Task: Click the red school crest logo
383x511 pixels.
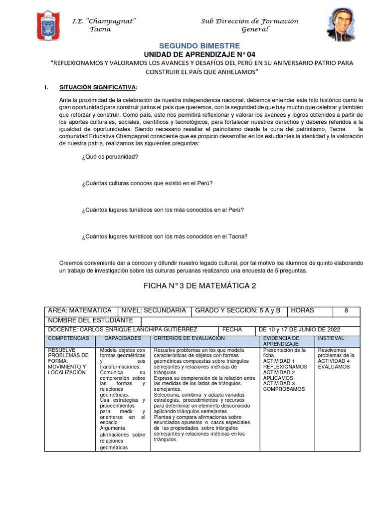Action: [x=48, y=25]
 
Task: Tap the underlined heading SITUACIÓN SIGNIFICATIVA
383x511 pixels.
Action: [x=98, y=88]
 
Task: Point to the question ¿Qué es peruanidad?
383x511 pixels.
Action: [x=110, y=157]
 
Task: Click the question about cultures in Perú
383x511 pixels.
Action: [x=147, y=183]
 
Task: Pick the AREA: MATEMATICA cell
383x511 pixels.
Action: [x=80, y=310]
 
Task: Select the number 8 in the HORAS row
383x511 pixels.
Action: [x=346, y=310]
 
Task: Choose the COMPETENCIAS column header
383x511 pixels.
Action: [x=68, y=338]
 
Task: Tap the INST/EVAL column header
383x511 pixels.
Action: [x=331, y=338]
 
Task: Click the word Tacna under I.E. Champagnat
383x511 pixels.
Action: [x=100, y=29]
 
